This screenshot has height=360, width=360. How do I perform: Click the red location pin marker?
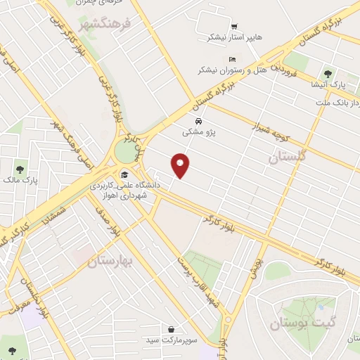181,165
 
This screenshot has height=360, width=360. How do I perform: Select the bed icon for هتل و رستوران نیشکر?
233,59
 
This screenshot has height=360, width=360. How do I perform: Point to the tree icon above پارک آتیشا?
327,73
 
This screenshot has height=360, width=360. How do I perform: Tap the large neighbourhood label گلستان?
288,158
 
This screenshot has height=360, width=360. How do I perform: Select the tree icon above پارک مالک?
20,169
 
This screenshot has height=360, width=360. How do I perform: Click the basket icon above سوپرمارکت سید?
172,328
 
